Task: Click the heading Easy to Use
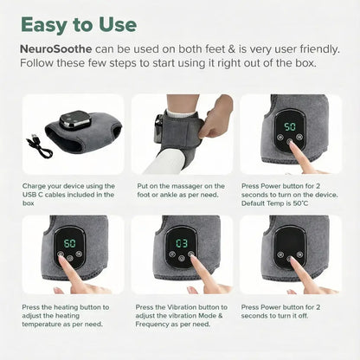(x=79, y=25)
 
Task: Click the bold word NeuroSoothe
(x=56, y=49)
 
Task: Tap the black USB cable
(x=39, y=146)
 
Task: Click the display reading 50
(x=290, y=126)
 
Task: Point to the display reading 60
(x=69, y=243)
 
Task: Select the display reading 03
(x=182, y=244)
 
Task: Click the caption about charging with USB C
(x=68, y=195)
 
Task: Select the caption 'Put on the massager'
(x=181, y=190)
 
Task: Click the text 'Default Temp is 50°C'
(x=274, y=203)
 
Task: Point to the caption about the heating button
(x=66, y=316)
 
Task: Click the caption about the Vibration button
(x=182, y=316)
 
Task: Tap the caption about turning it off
(x=280, y=312)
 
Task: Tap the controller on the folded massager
(x=75, y=119)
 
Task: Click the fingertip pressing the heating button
(x=61, y=259)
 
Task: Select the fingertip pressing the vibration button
(x=193, y=258)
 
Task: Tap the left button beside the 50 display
(x=280, y=138)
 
